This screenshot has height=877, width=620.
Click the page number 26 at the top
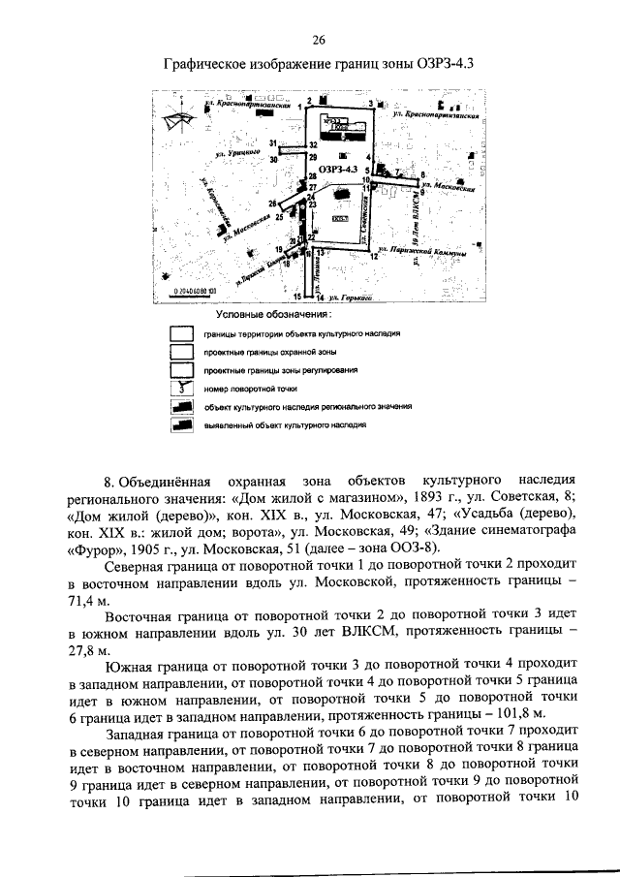coord(319,40)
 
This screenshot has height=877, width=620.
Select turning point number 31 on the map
coord(274,143)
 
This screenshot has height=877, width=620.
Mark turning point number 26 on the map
coord(272,204)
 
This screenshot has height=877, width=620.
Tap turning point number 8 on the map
coord(423,175)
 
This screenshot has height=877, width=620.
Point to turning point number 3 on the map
coord(370,102)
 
